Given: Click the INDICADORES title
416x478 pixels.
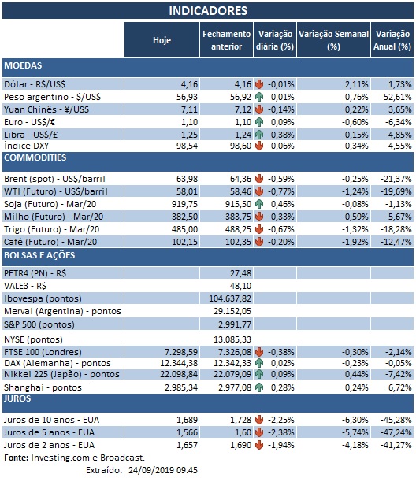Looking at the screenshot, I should pos(208,11).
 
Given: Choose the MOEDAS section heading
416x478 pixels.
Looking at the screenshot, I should pos(24,65).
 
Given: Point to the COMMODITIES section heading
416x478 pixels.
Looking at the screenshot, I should pos(34,158).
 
